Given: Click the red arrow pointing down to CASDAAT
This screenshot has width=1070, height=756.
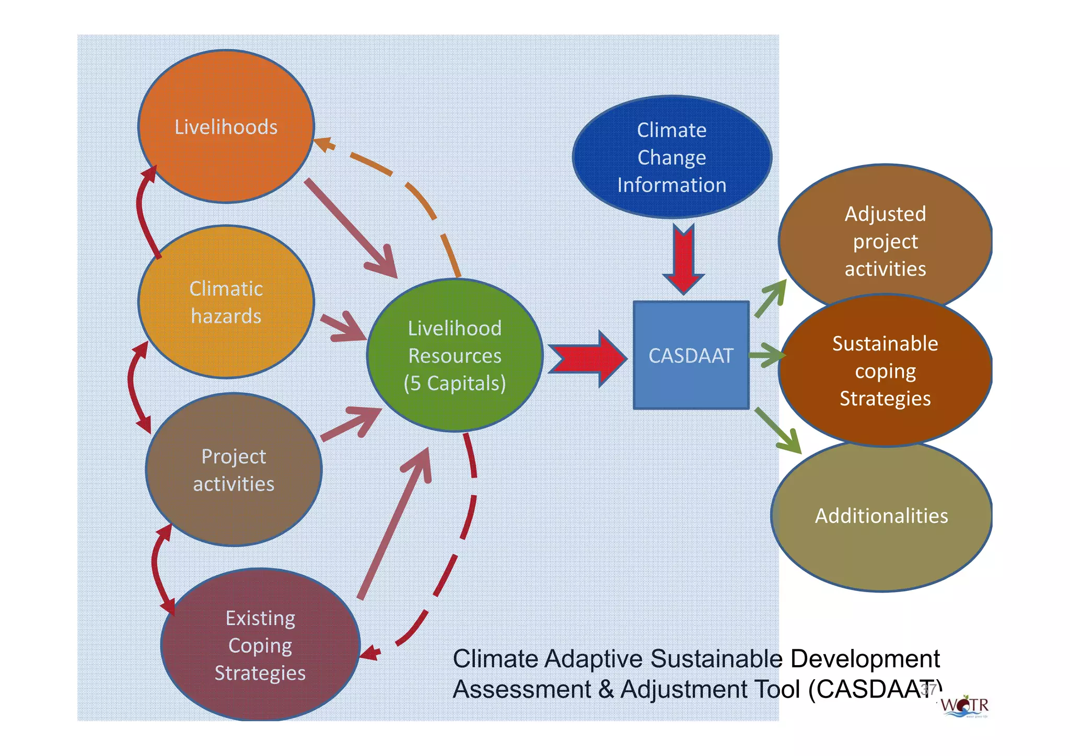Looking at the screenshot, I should pyautogui.click(x=683, y=259).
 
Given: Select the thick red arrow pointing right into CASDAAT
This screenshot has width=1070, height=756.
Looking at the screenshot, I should pyautogui.click(x=588, y=359).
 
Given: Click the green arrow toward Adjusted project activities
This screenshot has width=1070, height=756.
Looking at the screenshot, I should pyautogui.click(x=771, y=299).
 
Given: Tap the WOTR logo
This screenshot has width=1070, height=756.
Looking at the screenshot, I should pyautogui.click(x=965, y=706).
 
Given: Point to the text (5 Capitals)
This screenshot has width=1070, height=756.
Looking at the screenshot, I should pyautogui.click(x=455, y=383).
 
